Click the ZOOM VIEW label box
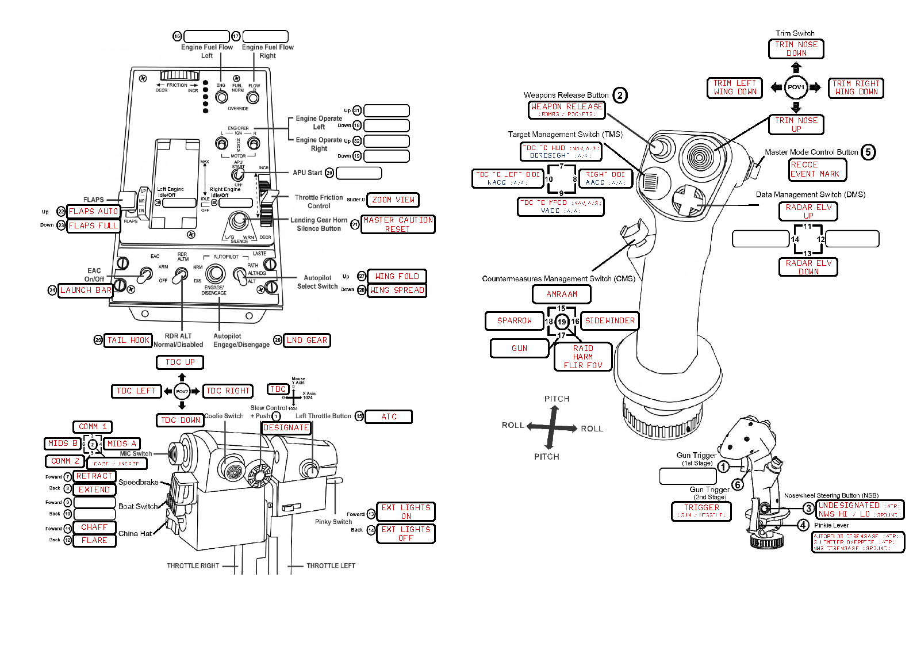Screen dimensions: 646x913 [x=393, y=200]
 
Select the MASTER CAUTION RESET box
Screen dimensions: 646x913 [x=398, y=224]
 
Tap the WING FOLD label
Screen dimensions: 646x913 [x=397, y=276]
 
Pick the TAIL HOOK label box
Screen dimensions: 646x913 [x=128, y=341]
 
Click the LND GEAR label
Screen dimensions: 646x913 [x=307, y=341]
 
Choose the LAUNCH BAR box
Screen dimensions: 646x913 [x=86, y=290]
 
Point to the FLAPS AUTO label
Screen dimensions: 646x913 [x=93, y=212]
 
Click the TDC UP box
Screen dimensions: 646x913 [x=180, y=362]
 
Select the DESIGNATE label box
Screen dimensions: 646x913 [x=286, y=428]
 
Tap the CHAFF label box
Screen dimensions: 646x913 [x=94, y=527]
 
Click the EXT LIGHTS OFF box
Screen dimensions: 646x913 [x=406, y=534]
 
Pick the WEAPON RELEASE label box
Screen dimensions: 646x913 [x=567, y=110]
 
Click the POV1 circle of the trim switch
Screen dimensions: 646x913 [x=796, y=87]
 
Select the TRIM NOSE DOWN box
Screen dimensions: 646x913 [x=796, y=49]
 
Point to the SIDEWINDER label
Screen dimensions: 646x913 [x=610, y=321]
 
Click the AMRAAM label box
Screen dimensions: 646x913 [x=562, y=295]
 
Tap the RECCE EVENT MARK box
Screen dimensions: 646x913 [x=818, y=170]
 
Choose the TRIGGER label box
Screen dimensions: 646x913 [x=701, y=511]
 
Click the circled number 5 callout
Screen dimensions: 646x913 [x=868, y=152]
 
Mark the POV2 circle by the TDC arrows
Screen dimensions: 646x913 [x=182, y=391]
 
